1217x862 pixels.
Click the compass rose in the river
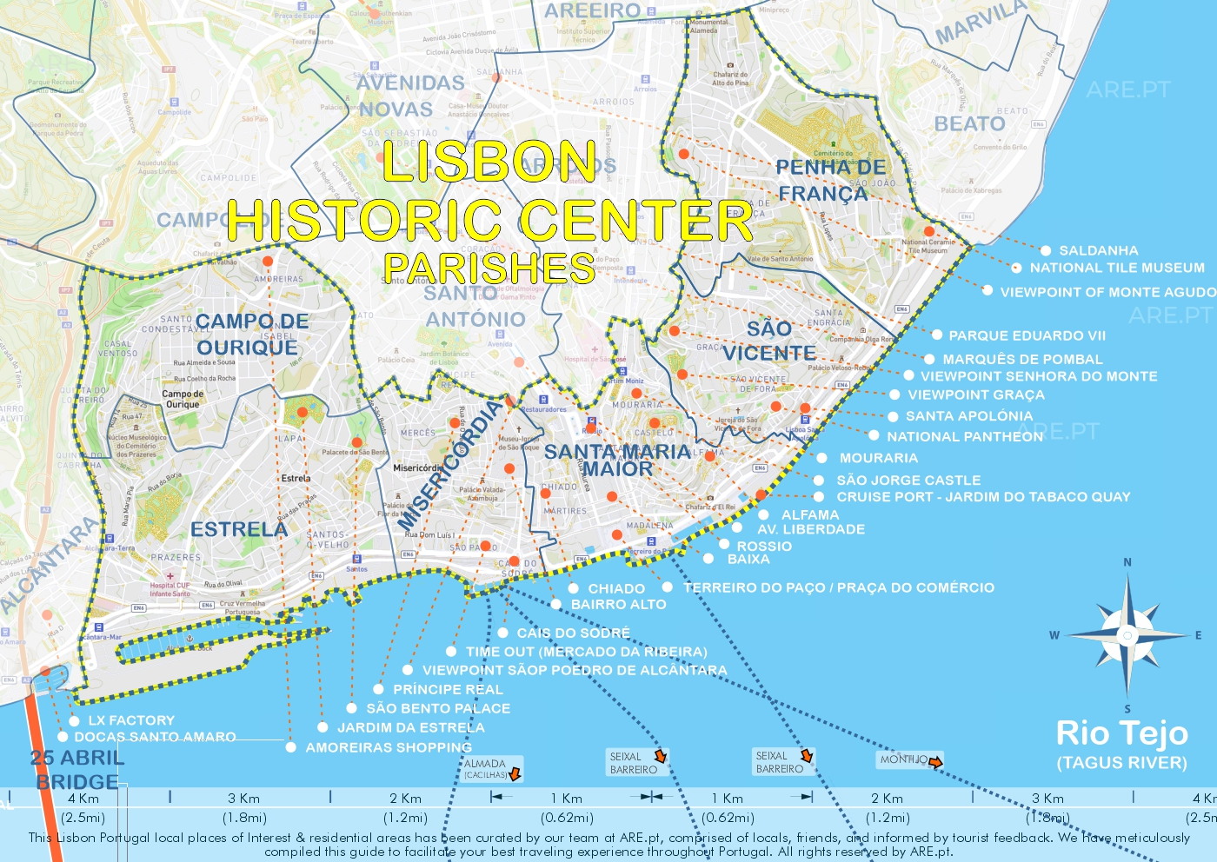tap(1127, 635)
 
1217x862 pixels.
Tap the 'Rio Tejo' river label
tap(1121, 733)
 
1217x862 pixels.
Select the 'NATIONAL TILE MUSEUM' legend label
tap(1117, 269)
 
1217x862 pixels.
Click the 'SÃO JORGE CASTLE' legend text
tap(908, 480)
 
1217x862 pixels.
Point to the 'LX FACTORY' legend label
tap(131, 720)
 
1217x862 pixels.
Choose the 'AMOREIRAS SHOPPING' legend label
tap(389, 747)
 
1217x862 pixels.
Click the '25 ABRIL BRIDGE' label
tap(77, 769)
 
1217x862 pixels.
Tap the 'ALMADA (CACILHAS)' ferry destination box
tap(492, 768)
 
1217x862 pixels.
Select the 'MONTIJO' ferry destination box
tap(909, 760)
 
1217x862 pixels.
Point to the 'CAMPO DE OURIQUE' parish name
tap(250, 335)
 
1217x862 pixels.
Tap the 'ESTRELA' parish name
tap(239, 529)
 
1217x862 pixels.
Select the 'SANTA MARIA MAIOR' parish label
tap(617, 461)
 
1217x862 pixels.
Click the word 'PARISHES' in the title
tap(489, 268)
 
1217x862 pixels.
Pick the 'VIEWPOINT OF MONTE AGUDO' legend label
tap(1107, 292)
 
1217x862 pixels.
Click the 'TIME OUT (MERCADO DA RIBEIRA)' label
tap(586, 652)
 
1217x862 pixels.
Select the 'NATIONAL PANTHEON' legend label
tap(965, 436)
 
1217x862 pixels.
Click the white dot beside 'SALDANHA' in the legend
tap(1046, 250)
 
